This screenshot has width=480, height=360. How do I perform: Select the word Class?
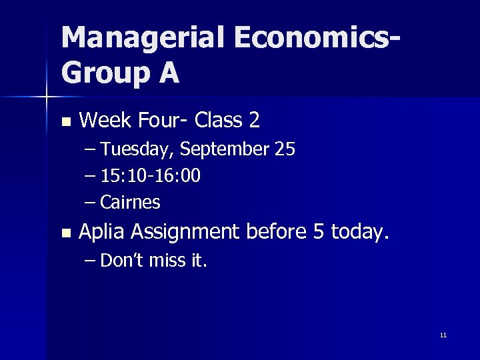coord(215,121)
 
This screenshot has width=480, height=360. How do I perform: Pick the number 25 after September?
coord(285,149)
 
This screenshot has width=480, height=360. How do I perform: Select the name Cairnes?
coord(130,201)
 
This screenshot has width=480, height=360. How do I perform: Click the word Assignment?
coord(187,232)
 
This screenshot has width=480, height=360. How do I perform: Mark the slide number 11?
coord(443,335)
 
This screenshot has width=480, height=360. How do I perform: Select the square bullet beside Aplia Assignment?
coord(65,233)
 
